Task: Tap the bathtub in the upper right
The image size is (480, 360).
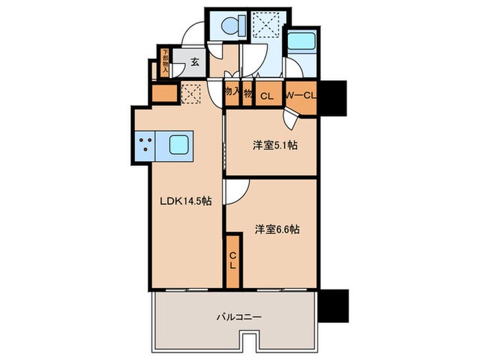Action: point(300,47)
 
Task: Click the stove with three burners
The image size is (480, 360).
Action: point(146,145)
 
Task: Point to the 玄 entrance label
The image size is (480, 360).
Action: point(195,62)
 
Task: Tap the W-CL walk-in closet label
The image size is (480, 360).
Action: point(300,96)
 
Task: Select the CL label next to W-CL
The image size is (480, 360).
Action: point(267,96)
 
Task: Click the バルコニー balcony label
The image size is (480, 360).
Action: point(237,317)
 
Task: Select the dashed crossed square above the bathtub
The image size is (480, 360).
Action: point(264,27)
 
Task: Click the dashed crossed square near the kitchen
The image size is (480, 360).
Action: point(191,93)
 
